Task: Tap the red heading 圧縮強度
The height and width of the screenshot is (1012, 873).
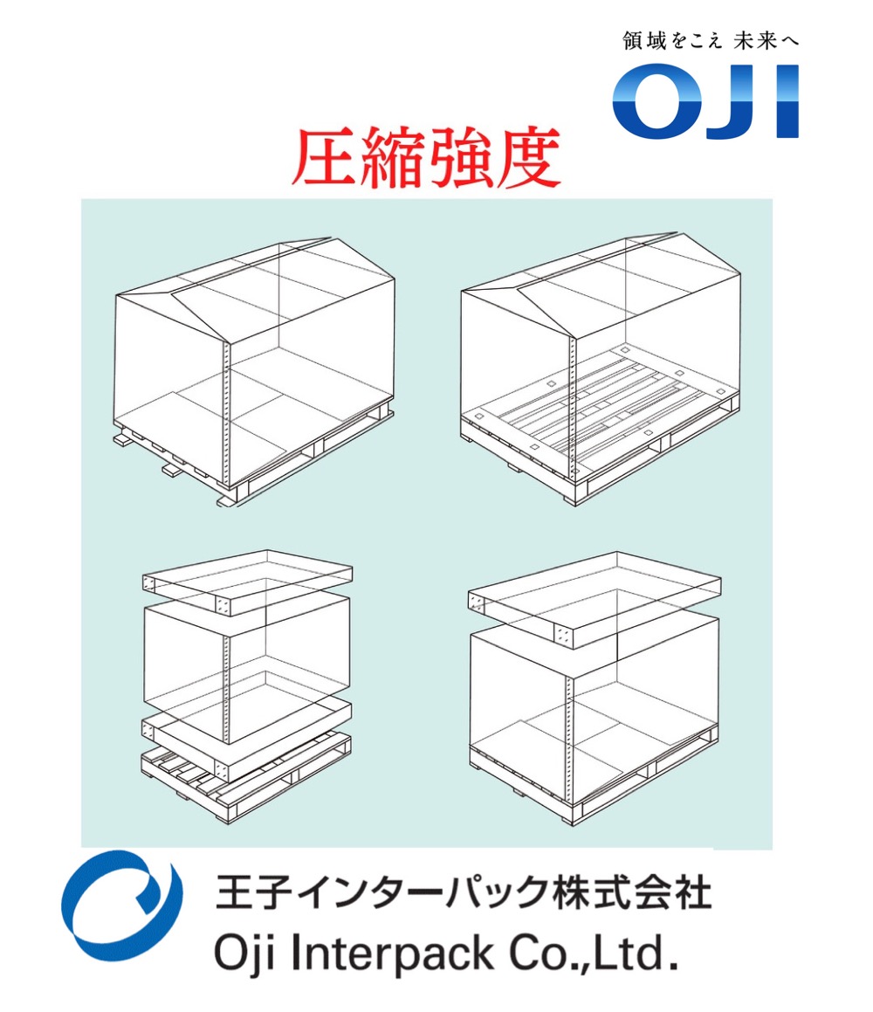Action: [425, 160]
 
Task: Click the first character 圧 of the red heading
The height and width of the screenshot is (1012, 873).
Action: [324, 160]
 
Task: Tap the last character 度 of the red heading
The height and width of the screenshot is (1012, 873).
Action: [526, 160]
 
